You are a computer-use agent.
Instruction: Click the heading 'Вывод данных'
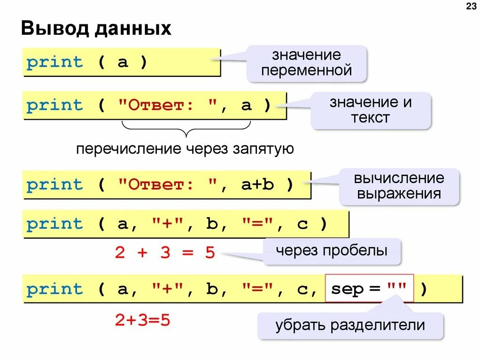tap(96, 29)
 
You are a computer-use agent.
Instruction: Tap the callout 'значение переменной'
tap(307, 63)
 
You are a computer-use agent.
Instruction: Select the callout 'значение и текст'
tap(371, 110)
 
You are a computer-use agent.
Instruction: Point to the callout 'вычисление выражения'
tap(399, 186)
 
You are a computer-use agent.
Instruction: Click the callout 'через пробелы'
tap(332, 251)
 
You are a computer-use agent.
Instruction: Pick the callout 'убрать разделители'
tap(350, 325)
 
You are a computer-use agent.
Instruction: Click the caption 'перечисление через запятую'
tap(185, 149)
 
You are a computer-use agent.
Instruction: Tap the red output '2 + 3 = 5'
tap(165, 253)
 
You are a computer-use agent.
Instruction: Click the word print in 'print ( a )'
tap(54, 62)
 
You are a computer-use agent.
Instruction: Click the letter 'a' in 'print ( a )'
tap(123, 62)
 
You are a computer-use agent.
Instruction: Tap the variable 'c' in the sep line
tap(302, 290)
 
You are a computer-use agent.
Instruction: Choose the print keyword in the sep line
tap(54, 290)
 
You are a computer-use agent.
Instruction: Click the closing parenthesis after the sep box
tap(424, 290)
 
